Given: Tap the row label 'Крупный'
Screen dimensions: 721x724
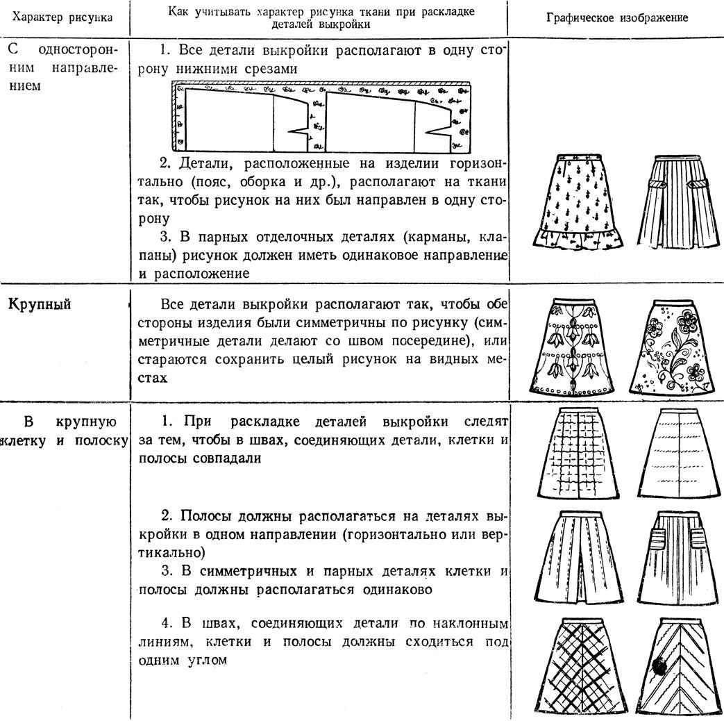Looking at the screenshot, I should coord(42,306).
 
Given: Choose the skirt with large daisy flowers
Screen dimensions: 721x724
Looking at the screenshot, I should coord(674,345).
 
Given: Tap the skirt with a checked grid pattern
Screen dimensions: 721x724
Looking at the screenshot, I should coord(578,452).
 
